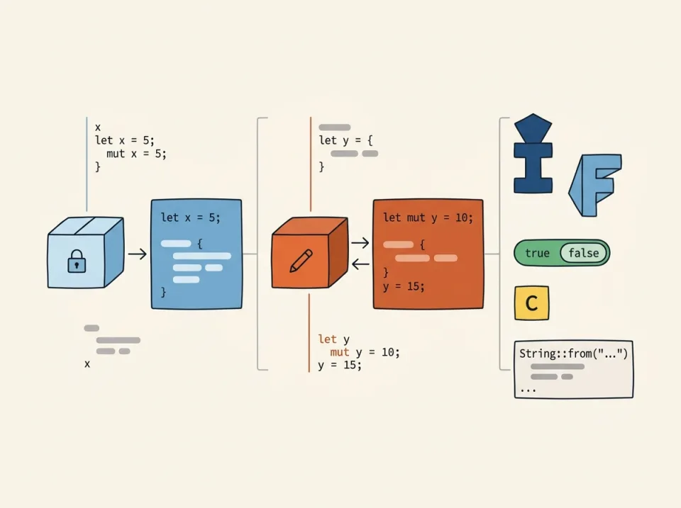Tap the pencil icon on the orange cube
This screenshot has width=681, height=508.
(x=301, y=261)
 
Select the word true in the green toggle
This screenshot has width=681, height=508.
(x=537, y=253)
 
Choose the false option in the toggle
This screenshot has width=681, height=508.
(x=583, y=253)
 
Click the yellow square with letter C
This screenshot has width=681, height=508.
(x=531, y=304)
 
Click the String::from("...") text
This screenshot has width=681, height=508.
(x=573, y=353)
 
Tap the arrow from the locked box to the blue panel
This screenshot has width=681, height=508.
(x=137, y=253)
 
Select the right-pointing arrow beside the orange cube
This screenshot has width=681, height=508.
(x=360, y=243)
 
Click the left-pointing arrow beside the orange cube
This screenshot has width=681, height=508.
(x=360, y=264)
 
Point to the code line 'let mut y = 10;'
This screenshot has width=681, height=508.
(x=427, y=218)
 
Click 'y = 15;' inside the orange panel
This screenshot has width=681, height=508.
(x=403, y=286)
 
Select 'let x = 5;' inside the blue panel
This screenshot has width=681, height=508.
(x=190, y=218)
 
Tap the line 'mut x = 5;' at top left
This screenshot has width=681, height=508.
(x=136, y=153)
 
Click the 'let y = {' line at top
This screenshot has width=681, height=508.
(x=345, y=140)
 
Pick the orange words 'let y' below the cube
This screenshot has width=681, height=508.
(x=333, y=340)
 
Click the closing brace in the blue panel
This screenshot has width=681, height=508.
(x=164, y=291)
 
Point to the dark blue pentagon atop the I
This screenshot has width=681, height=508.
(x=533, y=128)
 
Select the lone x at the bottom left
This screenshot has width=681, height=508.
(x=87, y=363)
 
